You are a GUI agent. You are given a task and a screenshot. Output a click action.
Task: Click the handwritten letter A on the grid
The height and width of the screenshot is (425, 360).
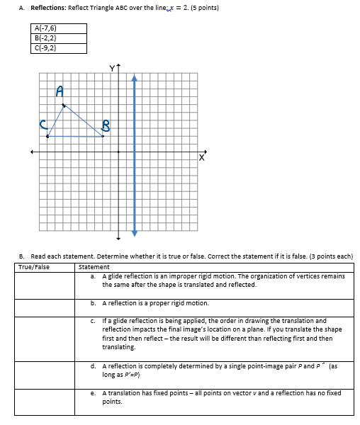pos(60,91)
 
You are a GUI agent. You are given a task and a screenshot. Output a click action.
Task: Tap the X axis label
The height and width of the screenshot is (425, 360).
pos(202,160)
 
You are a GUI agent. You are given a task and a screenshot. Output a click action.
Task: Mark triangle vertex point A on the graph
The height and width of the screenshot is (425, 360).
pos(64,106)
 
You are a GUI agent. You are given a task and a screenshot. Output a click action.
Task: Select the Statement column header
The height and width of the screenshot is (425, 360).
pos(95,267)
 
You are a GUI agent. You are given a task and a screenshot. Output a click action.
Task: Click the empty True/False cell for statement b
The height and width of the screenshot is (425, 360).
pos(46,307)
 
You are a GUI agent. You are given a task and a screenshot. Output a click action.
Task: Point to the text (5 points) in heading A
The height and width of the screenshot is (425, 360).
pos(203,8)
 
